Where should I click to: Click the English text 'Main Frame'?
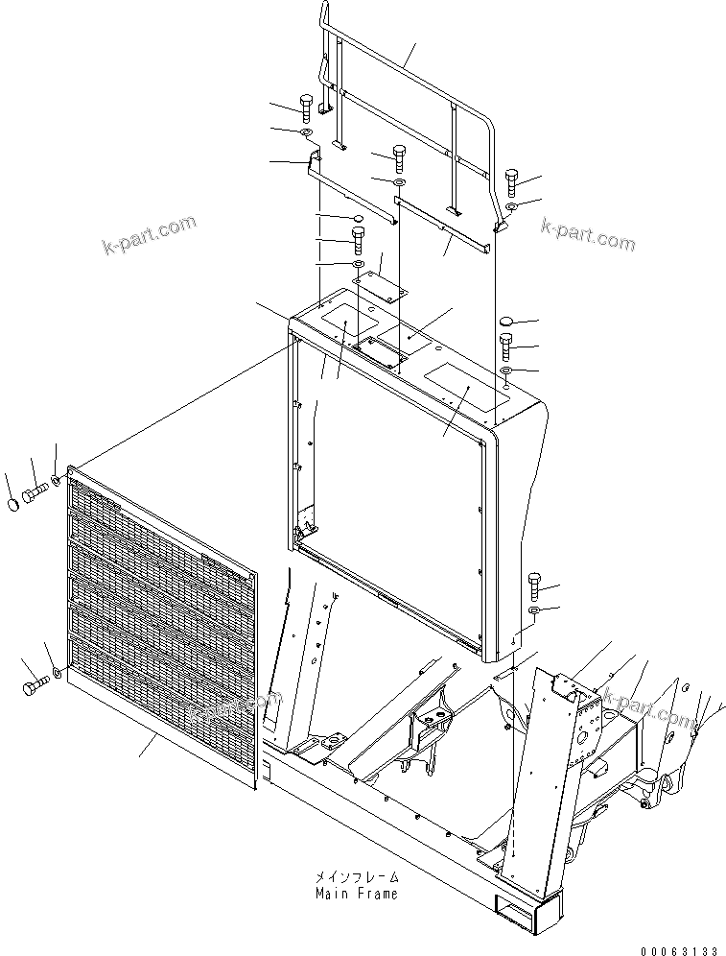pos(356,894)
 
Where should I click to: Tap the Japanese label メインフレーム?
pos(356,877)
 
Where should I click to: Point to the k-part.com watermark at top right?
pos(587,234)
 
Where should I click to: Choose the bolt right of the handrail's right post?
pos(510,179)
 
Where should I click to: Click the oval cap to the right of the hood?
pos(509,322)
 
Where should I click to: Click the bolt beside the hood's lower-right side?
pos(535,584)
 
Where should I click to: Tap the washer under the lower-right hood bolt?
pos(535,609)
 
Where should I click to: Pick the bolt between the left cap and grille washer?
pos(35,491)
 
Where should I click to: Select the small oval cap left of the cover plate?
pos(358,221)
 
